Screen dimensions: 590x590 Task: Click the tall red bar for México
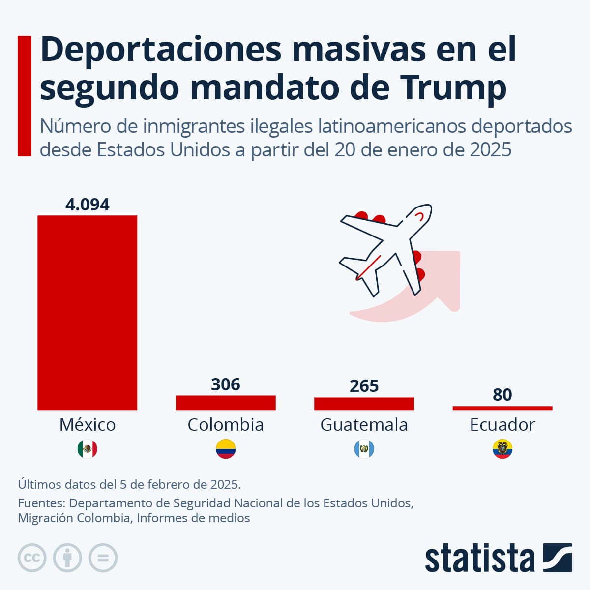coord(88,312)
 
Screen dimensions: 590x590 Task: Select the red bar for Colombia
coord(226,403)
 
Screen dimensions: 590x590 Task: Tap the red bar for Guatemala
coord(364,404)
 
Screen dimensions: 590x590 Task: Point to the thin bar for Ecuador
coord(502,408)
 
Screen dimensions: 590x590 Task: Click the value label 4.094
coord(88,204)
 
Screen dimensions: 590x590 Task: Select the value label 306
coord(226,384)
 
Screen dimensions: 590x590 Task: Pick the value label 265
coord(364,386)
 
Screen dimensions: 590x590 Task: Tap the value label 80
coord(502,395)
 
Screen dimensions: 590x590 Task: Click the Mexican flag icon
coord(88,449)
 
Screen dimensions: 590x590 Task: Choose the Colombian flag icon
coord(226,449)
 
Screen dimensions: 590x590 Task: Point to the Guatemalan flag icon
coord(364,449)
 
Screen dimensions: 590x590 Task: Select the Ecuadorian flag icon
coord(502,449)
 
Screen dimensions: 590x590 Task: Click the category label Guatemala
coord(364,424)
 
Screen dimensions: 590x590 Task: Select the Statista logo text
coord(479,558)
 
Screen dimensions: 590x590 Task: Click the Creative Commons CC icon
coord(32,558)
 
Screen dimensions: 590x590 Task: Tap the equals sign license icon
coord(103,558)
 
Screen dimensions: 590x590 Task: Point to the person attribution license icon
coord(67,558)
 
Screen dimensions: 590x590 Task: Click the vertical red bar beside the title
coord(25,96)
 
